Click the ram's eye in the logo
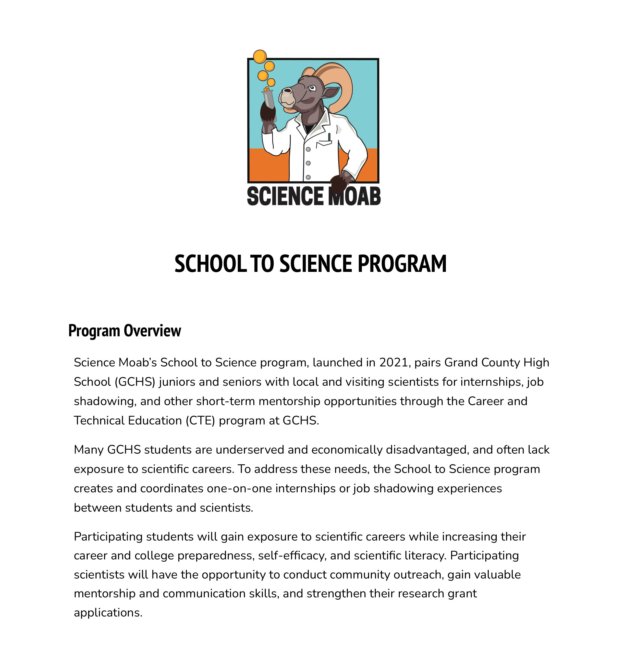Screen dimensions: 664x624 click(312, 88)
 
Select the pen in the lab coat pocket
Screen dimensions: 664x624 click(329, 137)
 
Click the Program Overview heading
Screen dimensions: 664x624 click(125, 331)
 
